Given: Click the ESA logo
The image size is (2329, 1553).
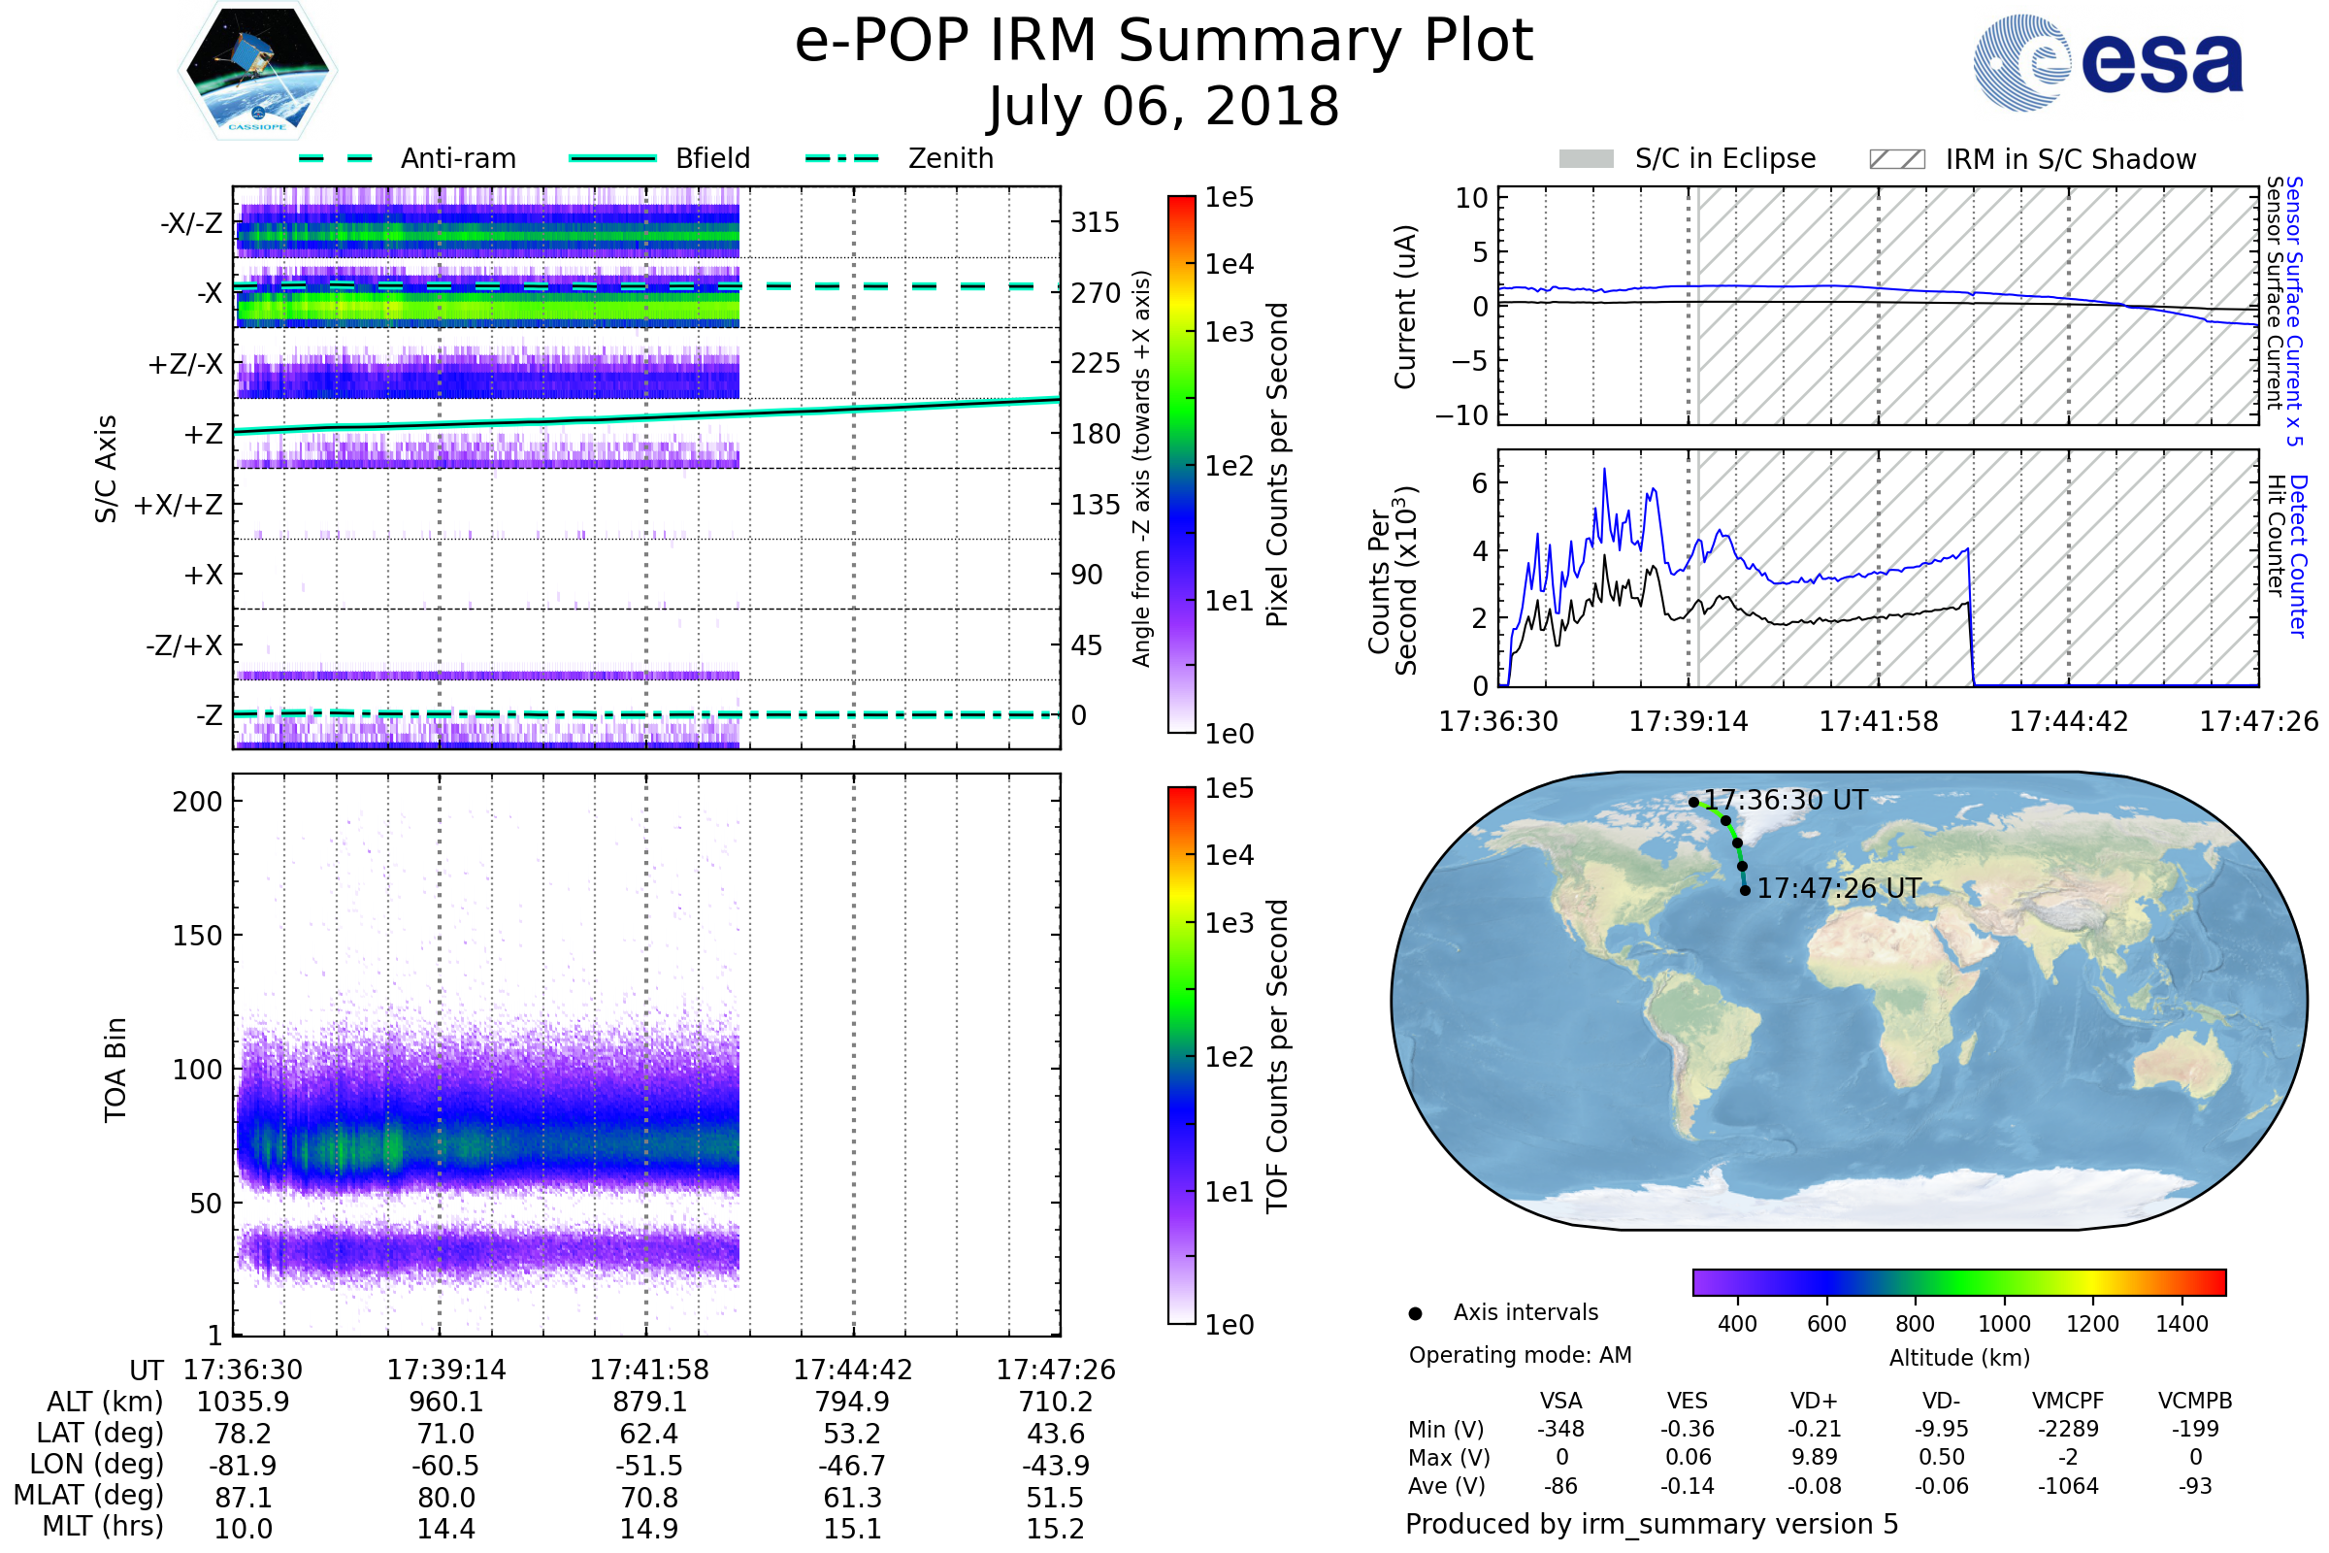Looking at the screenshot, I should click(2108, 61).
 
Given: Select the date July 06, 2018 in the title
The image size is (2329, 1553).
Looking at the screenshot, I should click(1164, 106).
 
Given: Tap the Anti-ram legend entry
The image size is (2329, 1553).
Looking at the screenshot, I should click(457, 158).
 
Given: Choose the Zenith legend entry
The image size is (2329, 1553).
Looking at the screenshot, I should click(950, 158).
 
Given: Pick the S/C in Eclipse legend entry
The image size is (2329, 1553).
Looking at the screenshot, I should click(1724, 158).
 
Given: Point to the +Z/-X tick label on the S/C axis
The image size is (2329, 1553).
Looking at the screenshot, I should click(185, 365).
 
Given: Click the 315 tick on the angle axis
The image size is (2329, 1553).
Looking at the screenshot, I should click(1095, 223).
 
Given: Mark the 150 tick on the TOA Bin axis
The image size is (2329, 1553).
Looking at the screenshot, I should click(197, 936).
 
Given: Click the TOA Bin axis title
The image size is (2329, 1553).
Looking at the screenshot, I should click(115, 1069).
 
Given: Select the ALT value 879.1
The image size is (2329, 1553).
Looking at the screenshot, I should click(648, 1402).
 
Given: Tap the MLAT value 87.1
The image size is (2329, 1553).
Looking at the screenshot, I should click(243, 1498).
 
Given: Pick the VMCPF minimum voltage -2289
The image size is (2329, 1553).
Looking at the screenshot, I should click(2068, 1429).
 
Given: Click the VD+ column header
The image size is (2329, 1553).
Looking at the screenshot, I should click(1814, 1401).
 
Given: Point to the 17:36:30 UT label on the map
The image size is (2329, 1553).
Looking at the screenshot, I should click(1786, 800).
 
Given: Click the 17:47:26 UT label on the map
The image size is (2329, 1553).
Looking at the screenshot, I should click(1839, 888).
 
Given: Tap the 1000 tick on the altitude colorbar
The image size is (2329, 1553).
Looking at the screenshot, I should click(2003, 1324).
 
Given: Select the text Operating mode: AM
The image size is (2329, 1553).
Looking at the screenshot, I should click(1520, 1355).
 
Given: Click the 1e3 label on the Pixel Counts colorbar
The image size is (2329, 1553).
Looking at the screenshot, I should click(1229, 333).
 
